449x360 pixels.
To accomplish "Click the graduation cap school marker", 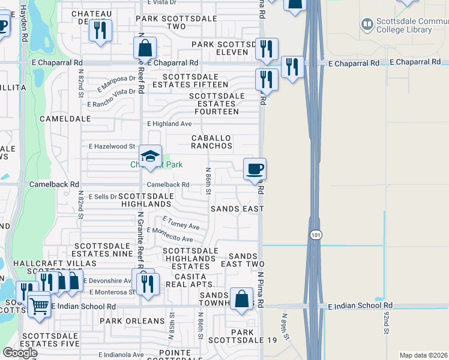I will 150,157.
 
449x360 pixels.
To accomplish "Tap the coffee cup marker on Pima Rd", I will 255,170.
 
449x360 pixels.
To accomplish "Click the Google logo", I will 20,353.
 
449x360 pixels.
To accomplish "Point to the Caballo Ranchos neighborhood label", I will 211,142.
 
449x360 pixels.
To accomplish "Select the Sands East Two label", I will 243,260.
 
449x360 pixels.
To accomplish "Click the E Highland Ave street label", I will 170,124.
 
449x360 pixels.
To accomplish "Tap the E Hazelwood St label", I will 112,146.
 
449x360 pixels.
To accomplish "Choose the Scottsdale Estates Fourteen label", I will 217,104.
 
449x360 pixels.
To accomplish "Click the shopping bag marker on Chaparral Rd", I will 145,48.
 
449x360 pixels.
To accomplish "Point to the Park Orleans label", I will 132,321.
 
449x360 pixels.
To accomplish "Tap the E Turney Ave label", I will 181,223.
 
